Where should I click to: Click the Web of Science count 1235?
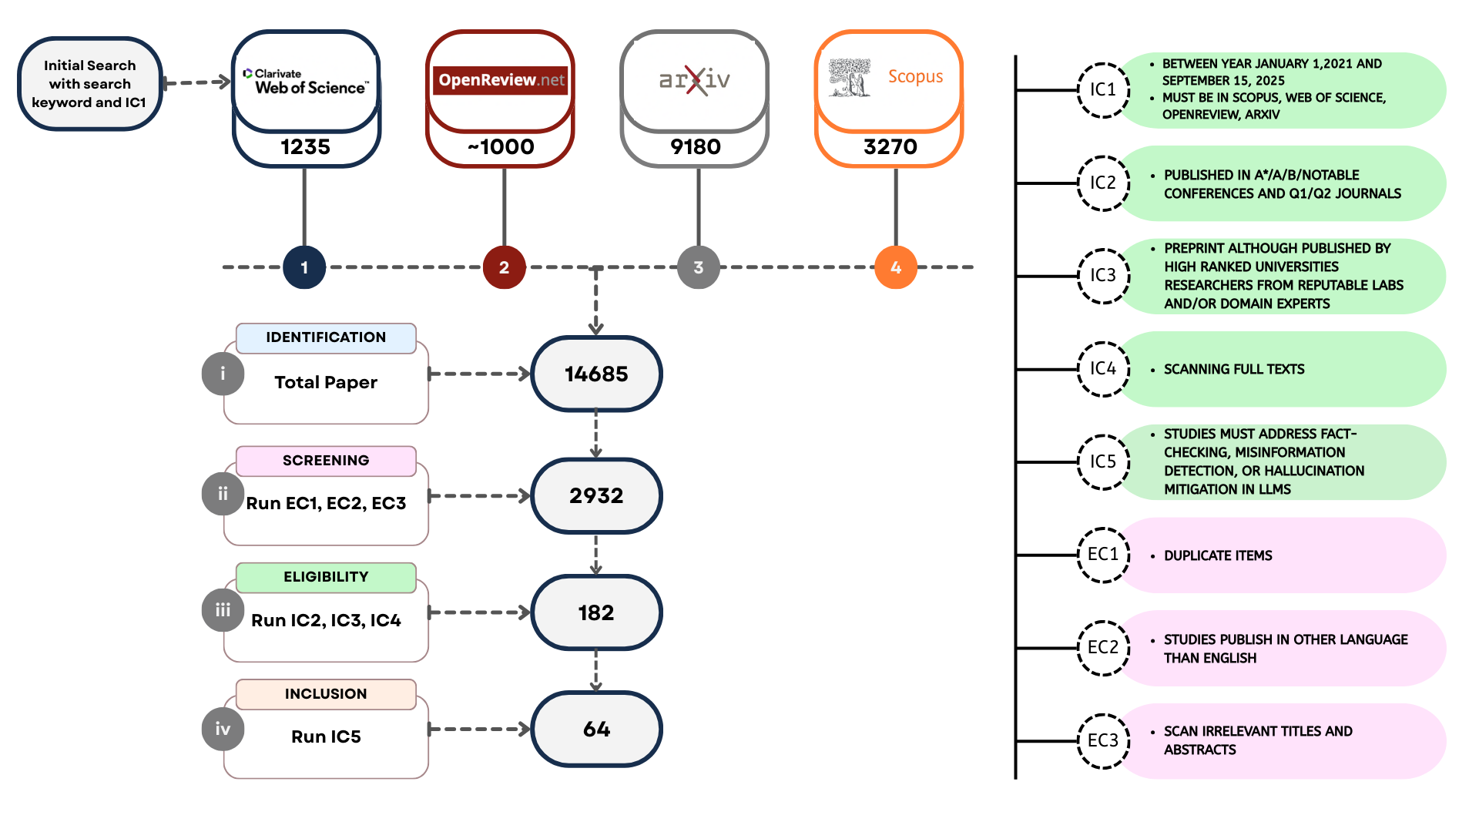coord(306,146)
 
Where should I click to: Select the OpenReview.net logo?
coord(501,80)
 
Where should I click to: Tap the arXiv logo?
coord(695,80)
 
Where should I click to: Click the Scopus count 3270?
coord(890,146)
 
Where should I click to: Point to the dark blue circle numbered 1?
coord(304,267)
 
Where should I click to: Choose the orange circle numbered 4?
coord(896,267)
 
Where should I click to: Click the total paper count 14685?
coord(596,374)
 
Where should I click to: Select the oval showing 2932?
coord(596,496)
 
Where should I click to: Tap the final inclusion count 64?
coord(596,729)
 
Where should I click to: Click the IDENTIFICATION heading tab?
coord(326,337)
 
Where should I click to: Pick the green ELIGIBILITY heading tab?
coord(326,577)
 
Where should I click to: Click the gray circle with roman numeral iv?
coord(223,729)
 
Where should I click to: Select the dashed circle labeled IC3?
coord(1103,276)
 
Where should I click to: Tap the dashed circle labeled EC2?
coord(1103,648)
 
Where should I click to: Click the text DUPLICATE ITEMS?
coord(1218,555)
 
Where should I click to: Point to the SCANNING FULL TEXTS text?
coord(1234,370)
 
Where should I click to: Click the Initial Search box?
coord(89,84)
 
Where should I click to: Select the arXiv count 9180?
coord(696,146)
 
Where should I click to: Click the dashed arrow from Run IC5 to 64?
coord(479,729)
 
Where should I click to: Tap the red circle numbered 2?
coord(504,267)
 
